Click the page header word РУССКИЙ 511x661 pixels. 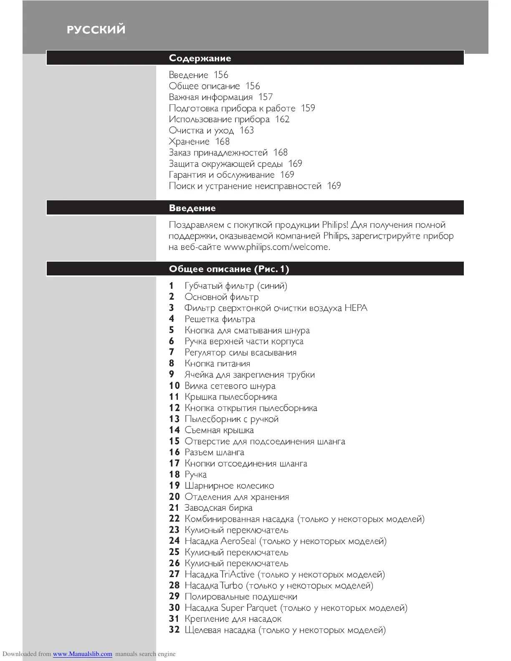96,30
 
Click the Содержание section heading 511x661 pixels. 200,58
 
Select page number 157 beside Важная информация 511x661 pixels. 266,97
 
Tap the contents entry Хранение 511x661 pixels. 189,141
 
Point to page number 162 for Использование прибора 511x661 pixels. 282,119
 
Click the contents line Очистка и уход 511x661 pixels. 201,131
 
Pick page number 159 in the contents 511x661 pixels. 308,108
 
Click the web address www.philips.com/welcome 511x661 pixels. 276,247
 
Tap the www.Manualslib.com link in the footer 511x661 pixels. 82,654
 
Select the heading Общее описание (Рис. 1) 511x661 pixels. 229,269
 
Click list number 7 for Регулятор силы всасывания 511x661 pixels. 171,353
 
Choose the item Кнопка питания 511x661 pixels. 217,363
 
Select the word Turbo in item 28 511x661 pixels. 231,585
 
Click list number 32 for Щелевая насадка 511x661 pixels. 174,630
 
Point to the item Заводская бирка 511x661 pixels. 218,508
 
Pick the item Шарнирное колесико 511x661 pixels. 229,486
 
